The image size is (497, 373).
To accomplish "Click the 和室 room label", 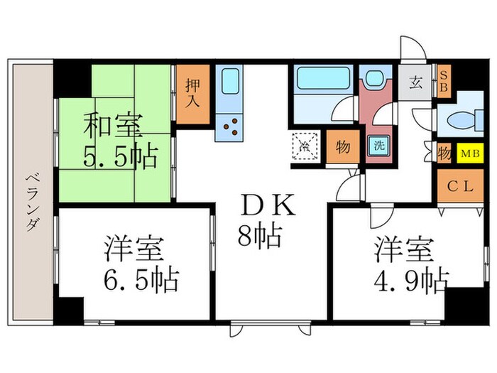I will pyautogui.click(x=113, y=129).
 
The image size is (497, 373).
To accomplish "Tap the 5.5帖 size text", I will pyautogui.click(x=119, y=158).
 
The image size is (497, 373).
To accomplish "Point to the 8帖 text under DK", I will pyautogui.click(x=258, y=234).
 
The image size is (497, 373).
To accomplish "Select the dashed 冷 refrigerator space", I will pyautogui.click(x=303, y=147).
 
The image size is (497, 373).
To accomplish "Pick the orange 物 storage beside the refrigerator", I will pyautogui.click(x=342, y=147).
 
